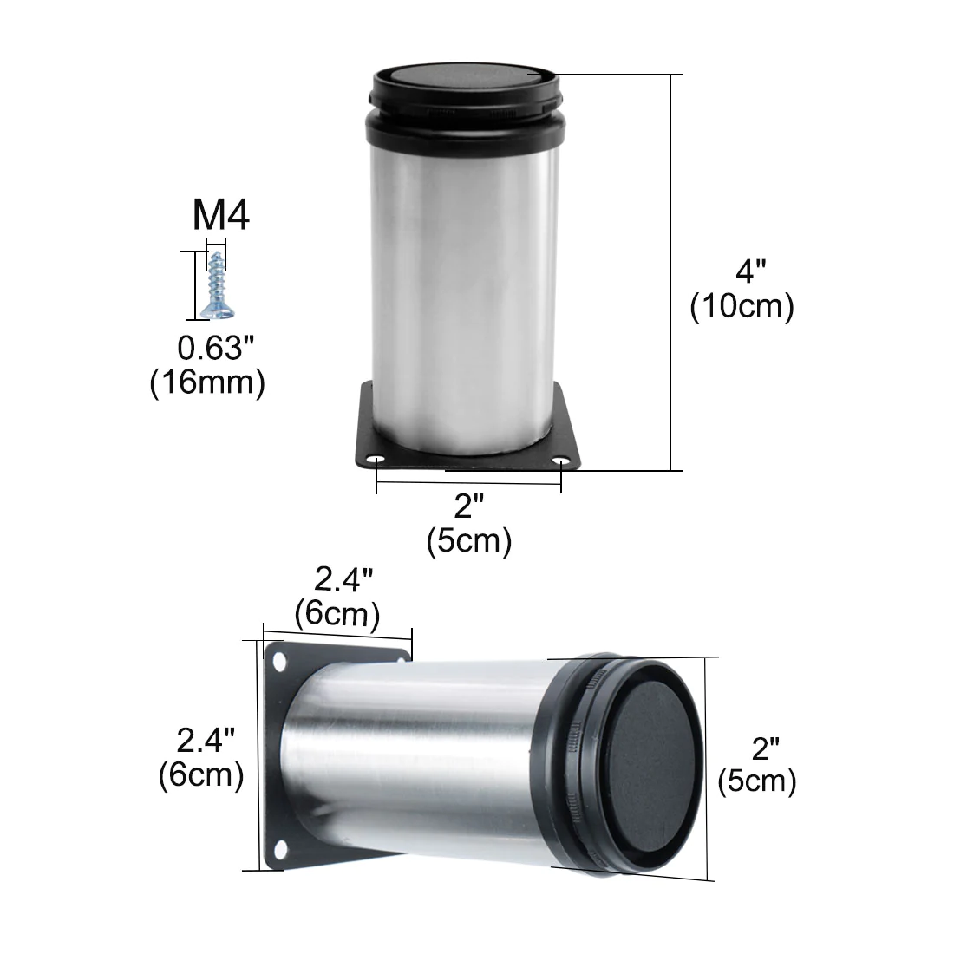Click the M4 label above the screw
[x=221, y=214]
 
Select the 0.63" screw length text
[x=215, y=348]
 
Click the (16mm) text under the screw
[x=207, y=382]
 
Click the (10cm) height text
[x=742, y=305]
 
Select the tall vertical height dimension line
[x=671, y=272]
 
